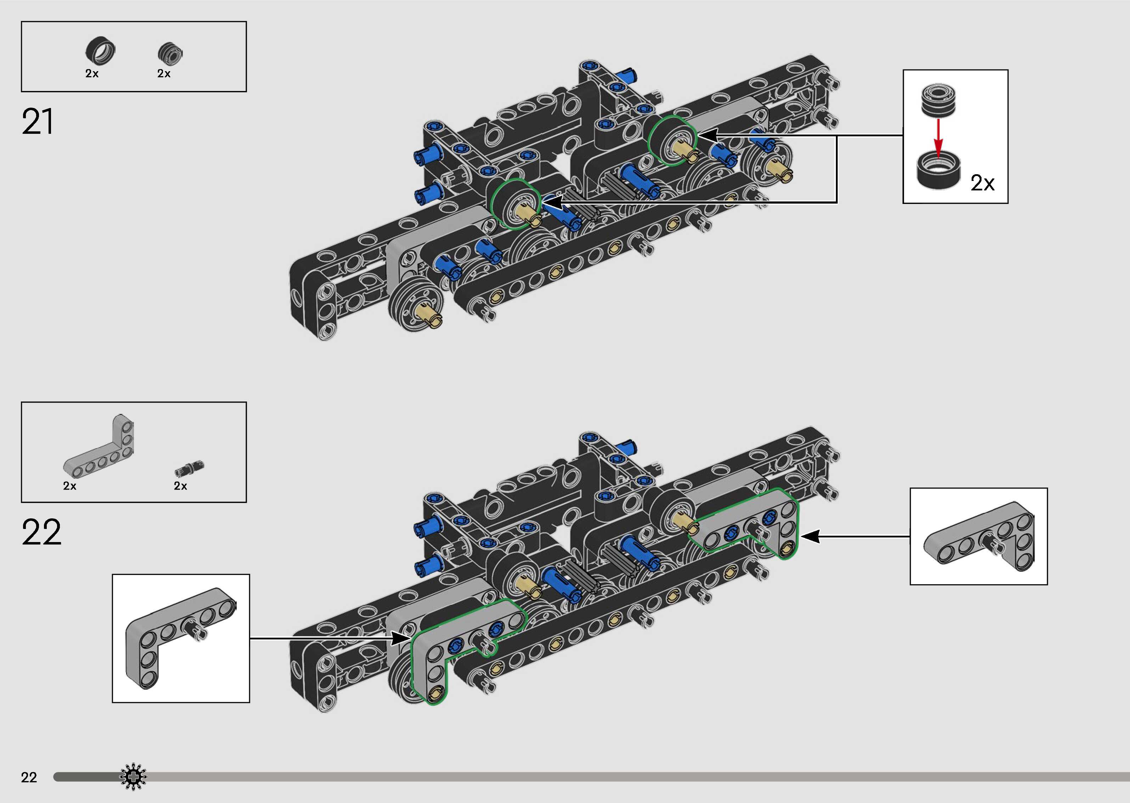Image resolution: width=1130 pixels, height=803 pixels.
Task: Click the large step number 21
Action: click(37, 122)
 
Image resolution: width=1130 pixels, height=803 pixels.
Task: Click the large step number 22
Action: click(41, 532)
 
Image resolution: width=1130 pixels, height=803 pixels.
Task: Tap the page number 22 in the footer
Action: click(29, 777)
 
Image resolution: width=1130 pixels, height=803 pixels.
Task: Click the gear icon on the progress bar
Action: click(133, 777)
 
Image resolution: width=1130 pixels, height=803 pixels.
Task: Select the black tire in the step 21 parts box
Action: click(100, 51)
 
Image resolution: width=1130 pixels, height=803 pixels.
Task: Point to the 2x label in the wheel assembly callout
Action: click(983, 183)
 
